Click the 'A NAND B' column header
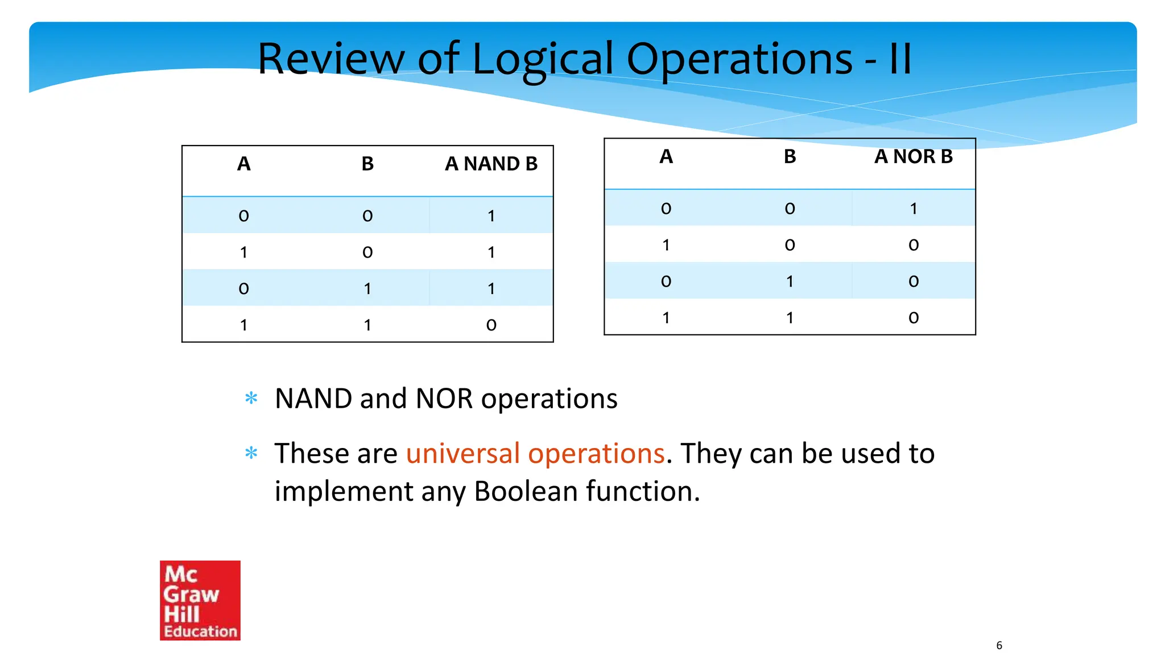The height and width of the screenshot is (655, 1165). click(491, 164)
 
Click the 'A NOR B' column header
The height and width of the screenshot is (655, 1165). click(913, 156)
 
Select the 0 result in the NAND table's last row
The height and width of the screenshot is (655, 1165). click(491, 325)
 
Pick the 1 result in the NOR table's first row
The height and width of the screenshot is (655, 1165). click(913, 209)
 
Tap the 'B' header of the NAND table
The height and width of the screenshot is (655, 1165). click(367, 164)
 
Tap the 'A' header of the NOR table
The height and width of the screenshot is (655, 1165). click(666, 156)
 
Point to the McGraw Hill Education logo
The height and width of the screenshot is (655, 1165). click(200, 600)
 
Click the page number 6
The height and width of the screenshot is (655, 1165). click(999, 645)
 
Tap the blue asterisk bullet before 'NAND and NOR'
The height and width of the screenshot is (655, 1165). click(251, 398)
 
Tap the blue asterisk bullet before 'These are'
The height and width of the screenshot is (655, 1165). click(251, 453)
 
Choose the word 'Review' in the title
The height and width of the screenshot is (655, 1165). click(331, 59)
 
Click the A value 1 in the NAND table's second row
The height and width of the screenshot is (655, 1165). click(243, 252)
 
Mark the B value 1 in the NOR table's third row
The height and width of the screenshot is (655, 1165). click(790, 281)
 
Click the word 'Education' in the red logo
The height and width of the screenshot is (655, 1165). click(200, 631)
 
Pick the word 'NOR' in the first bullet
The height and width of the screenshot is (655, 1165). click(444, 399)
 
